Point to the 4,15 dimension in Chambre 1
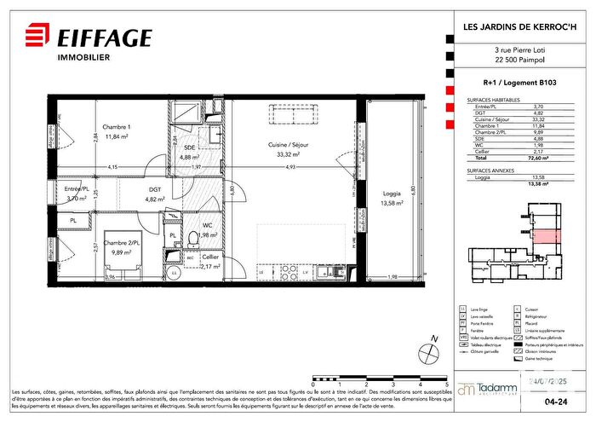(x=112, y=166)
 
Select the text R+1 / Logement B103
(x=502, y=84)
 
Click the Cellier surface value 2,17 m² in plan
(x=209, y=266)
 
